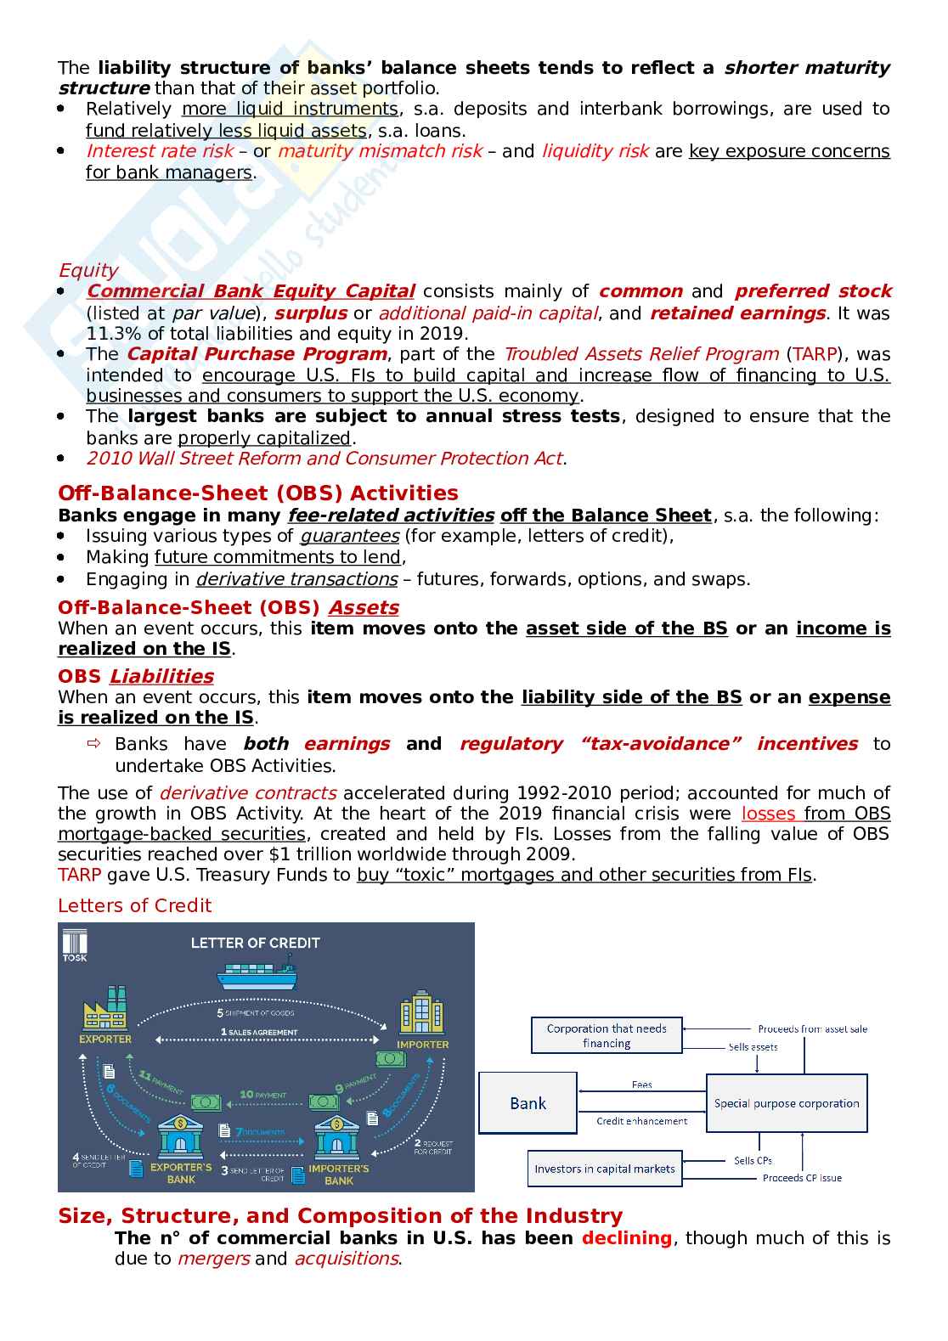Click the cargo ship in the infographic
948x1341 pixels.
click(257, 973)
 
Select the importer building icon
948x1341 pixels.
click(421, 1013)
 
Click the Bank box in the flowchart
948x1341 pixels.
click(528, 1103)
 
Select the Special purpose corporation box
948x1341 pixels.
click(787, 1103)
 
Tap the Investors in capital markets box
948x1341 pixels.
click(605, 1169)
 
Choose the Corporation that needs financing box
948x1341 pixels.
click(607, 1035)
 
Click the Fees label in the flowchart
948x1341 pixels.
click(642, 1085)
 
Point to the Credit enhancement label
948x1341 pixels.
click(642, 1121)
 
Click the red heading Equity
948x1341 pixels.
click(88, 270)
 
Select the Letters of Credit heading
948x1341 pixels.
click(134, 905)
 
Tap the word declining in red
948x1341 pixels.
click(627, 1238)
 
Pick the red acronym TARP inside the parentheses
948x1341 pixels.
click(816, 354)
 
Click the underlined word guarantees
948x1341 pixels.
click(349, 536)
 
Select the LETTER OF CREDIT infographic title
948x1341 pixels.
click(255, 943)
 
